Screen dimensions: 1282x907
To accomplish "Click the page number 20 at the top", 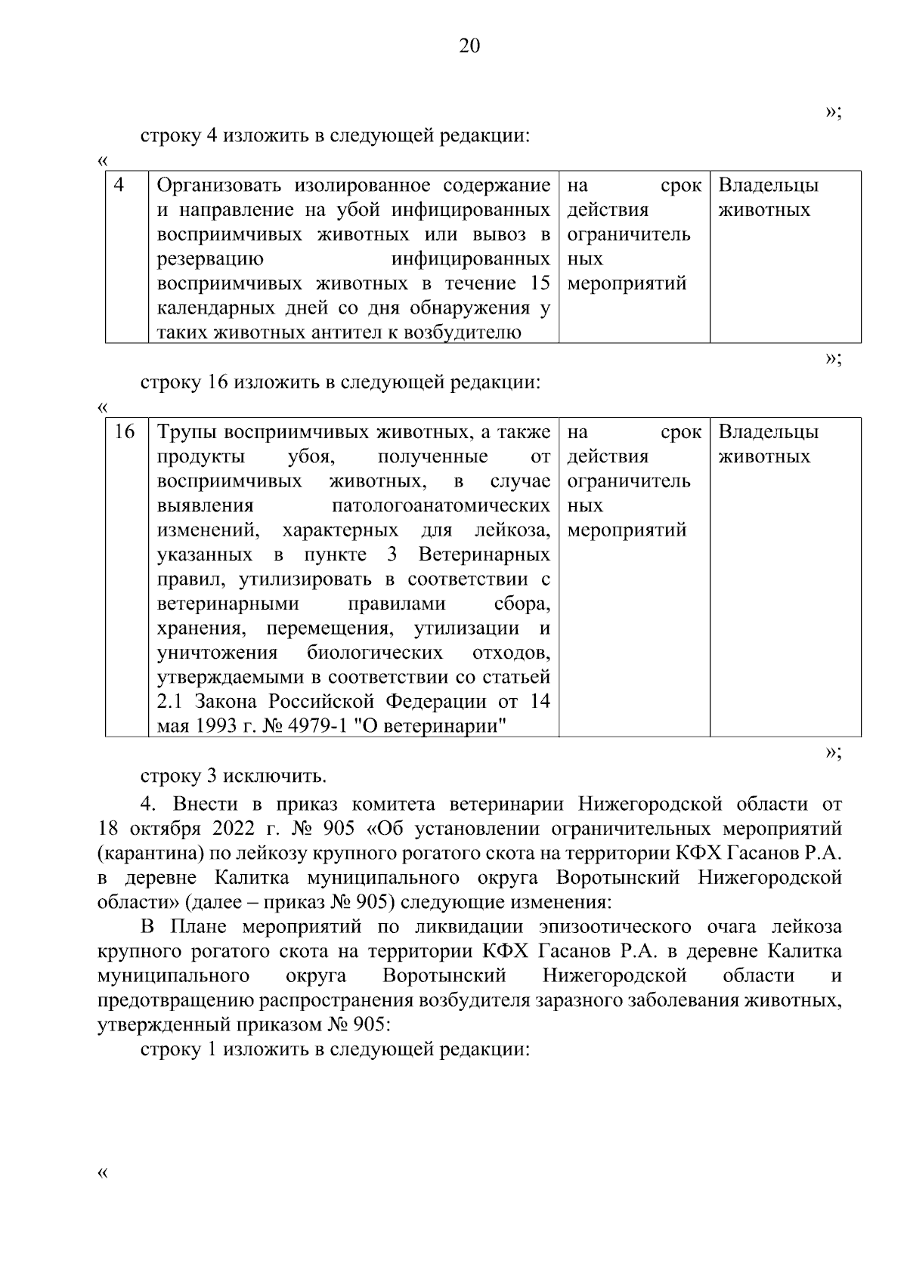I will tap(469, 47).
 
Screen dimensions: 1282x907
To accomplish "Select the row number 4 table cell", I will tap(119, 186).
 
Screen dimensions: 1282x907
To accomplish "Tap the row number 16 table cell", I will tap(124, 432).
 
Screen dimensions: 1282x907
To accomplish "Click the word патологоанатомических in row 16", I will tap(441, 505).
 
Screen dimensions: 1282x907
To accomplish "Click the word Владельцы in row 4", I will tap(768, 186).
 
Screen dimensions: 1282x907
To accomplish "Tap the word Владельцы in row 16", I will tap(768, 432).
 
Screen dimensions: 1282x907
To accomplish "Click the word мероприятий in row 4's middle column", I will tap(627, 284).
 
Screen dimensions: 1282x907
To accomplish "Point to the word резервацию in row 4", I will tap(211, 259).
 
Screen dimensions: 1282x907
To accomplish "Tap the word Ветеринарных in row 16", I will tap(484, 555).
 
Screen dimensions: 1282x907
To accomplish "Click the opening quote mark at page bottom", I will tap(103, 1173).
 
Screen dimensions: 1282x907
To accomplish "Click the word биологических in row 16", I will tap(375, 653).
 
